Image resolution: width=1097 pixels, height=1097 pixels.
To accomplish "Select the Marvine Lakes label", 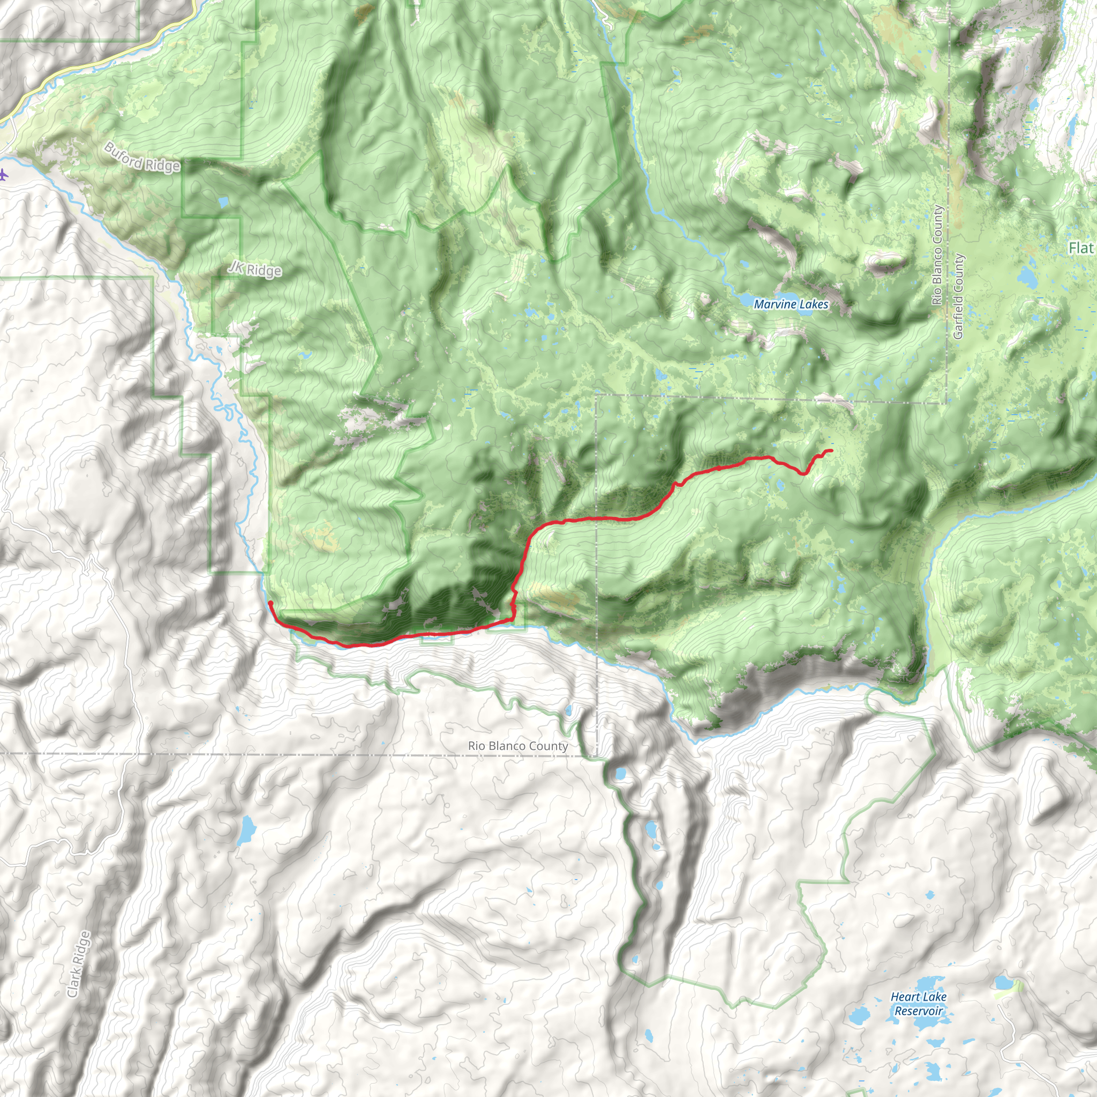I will pyautogui.click(x=791, y=304).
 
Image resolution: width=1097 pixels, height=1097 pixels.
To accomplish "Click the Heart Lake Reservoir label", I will pyautogui.click(x=918, y=1003).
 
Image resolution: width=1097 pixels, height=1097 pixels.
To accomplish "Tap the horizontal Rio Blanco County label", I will pyautogui.click(x=518, y=746).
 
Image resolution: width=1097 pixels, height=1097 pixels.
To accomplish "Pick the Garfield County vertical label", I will pyautogui.click(x=958, y=296).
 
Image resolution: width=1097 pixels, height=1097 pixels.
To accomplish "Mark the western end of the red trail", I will pyautogui.click(x=271, y=603).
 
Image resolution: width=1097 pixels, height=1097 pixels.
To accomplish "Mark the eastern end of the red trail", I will pyautogui.click(x=831, y=450).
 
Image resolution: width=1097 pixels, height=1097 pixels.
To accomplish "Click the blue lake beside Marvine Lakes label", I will pyautogui.click(x=748, y=299).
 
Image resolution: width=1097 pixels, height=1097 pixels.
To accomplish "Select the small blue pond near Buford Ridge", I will pyautogui.click(x=223, y=201).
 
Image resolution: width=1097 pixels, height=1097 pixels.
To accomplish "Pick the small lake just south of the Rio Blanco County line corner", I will pyautogui.click(x=620, y=773).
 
